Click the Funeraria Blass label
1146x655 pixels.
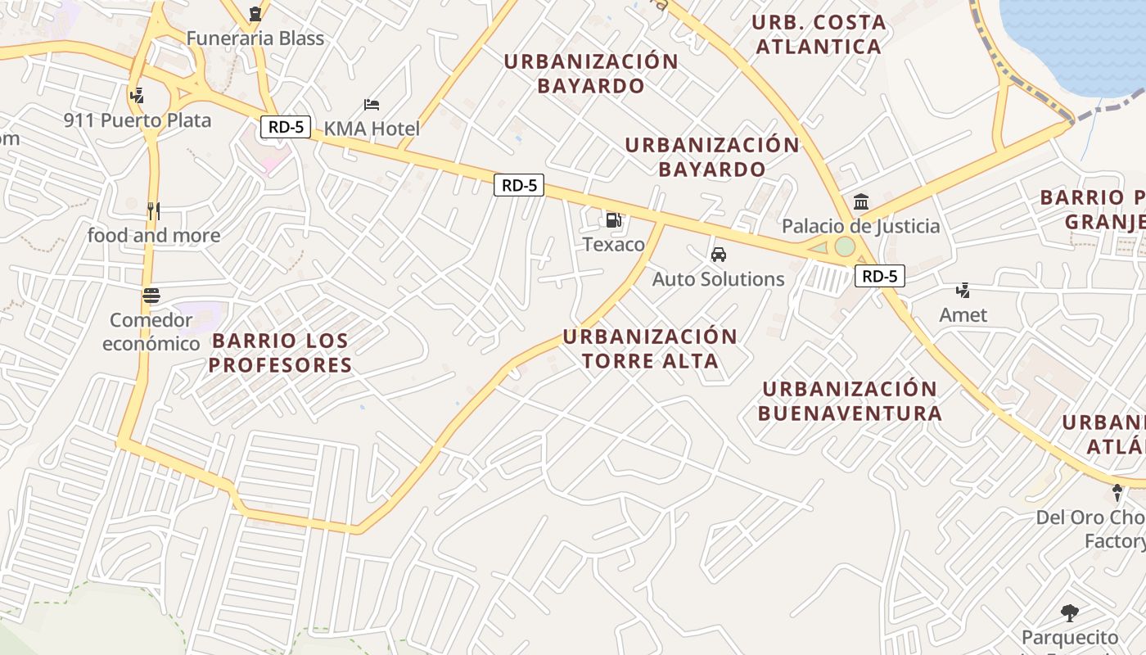[x=255, y=38]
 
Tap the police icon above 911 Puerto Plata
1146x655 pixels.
[x=137, y=95]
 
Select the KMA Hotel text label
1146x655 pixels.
[x=372, y=129]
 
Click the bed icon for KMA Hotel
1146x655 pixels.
[x=372, y=105]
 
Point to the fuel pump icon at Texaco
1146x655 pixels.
[x=613, y=219]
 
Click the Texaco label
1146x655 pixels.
[x=613, y=244]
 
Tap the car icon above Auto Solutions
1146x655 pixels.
[x=718, y=255]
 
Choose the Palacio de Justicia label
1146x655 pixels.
[x=860, y=226]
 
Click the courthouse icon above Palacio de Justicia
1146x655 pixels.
[x=860, y=201]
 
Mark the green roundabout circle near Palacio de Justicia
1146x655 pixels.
[x=844, y=246]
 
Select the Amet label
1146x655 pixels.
[x=963, y=314]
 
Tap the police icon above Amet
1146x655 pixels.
[x=963, y=290]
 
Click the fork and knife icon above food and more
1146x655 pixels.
[x=153, y=210]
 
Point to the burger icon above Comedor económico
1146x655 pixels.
[x=151, y=295]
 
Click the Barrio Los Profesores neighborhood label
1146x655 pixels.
[x=279, y=353]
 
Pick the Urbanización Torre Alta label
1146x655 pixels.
[x=650, y=349]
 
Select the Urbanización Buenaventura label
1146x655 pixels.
[x=849, y=400]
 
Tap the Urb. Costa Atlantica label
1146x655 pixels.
[x=818, y=34]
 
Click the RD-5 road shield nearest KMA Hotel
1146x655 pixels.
[x=286, y=127]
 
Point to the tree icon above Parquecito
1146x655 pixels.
[x=1069, y=613]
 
